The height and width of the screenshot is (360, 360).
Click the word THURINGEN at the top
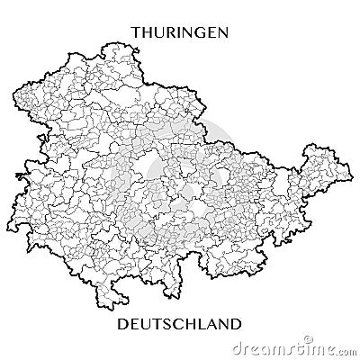(179, 32)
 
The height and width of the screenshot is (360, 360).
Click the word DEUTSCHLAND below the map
(180, 321)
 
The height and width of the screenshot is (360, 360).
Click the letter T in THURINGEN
(137, 32)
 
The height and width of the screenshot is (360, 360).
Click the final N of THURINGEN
(221, 32)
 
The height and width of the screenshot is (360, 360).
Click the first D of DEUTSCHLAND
(124, 321)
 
